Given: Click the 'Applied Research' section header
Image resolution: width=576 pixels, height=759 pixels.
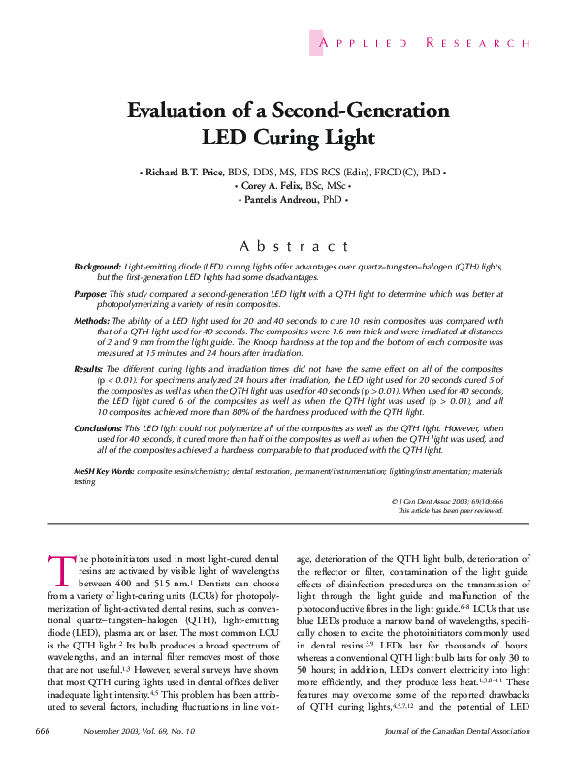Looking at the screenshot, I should [x=422, y=43].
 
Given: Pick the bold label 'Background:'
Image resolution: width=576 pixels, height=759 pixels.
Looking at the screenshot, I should [x=99, y=266].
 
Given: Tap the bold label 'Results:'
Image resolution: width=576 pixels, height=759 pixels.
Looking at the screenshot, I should [x=91, y=369].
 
